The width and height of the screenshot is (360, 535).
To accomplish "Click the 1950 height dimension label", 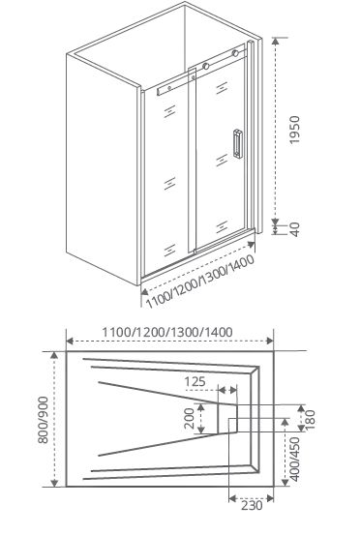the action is [x=294, y=130].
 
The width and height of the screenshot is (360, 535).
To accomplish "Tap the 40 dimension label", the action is [x=295, y=229].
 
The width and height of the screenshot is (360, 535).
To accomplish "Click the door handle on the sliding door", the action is [x=238, y=143].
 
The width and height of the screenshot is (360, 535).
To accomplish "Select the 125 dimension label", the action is [x=195, y=381].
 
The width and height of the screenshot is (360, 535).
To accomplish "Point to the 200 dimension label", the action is [x=189, y=418].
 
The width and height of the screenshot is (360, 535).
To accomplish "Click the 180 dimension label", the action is [x=311, y=420].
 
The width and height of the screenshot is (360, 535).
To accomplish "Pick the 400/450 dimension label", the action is [x=294, y=460].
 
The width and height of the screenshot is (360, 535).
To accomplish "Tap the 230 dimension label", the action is [x=252, y=505].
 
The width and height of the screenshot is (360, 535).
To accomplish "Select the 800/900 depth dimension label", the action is [x=43, y=420].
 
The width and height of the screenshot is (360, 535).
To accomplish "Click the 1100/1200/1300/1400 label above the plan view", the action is [x=167, y=332].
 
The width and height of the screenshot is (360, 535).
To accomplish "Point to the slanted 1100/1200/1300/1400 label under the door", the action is [x=200, y=282].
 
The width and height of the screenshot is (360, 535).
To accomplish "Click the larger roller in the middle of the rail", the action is [x=205, y=66].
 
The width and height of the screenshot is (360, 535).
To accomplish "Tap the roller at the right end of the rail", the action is [x=235, y=53].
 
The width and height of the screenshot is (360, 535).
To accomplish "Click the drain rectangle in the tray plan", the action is [x=227, y=418].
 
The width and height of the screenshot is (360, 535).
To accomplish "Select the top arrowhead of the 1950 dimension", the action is [x=276, y=41].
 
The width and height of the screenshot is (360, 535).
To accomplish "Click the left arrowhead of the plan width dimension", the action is [x=70, y=341].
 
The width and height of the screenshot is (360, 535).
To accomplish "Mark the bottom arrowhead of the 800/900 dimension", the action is [x=54, y=483].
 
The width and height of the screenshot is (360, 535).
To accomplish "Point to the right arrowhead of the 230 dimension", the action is [x=270, y=499].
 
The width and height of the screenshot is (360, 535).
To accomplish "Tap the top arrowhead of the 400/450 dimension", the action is [x=285, y=423].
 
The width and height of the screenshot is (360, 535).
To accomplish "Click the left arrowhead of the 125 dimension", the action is [x=222, y=390].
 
